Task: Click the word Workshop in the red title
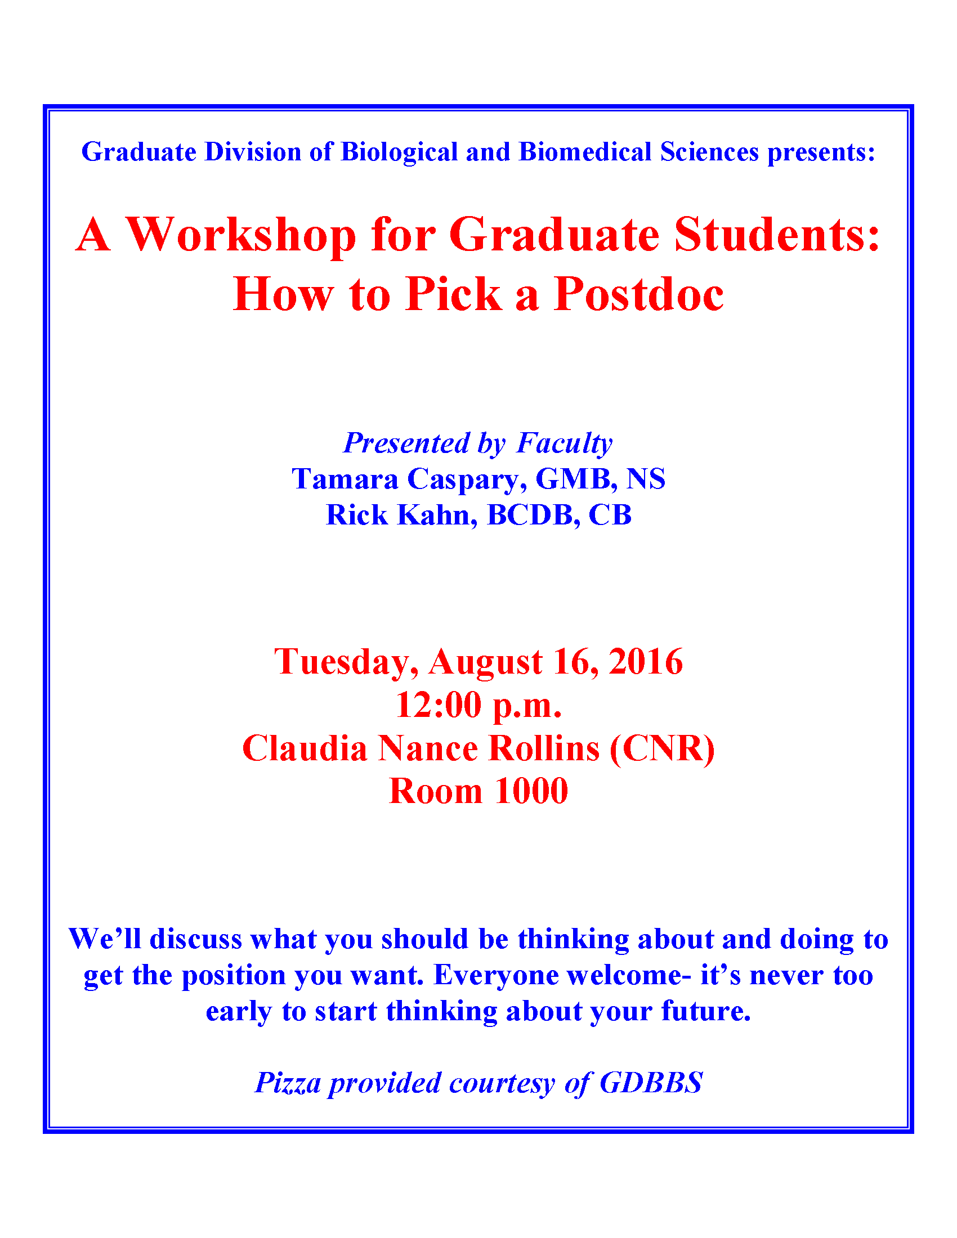(240, 235)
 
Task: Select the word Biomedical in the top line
(585, 151)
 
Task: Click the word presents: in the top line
(821, 152)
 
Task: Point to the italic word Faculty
(564, 443)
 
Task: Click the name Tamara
(345, 479)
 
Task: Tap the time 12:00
(438, 705)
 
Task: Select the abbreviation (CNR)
(662, 749)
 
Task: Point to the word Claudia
(305, 748)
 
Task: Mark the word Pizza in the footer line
(288, 1083)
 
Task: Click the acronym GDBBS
(651, 1083)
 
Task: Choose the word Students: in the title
(777, 235)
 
